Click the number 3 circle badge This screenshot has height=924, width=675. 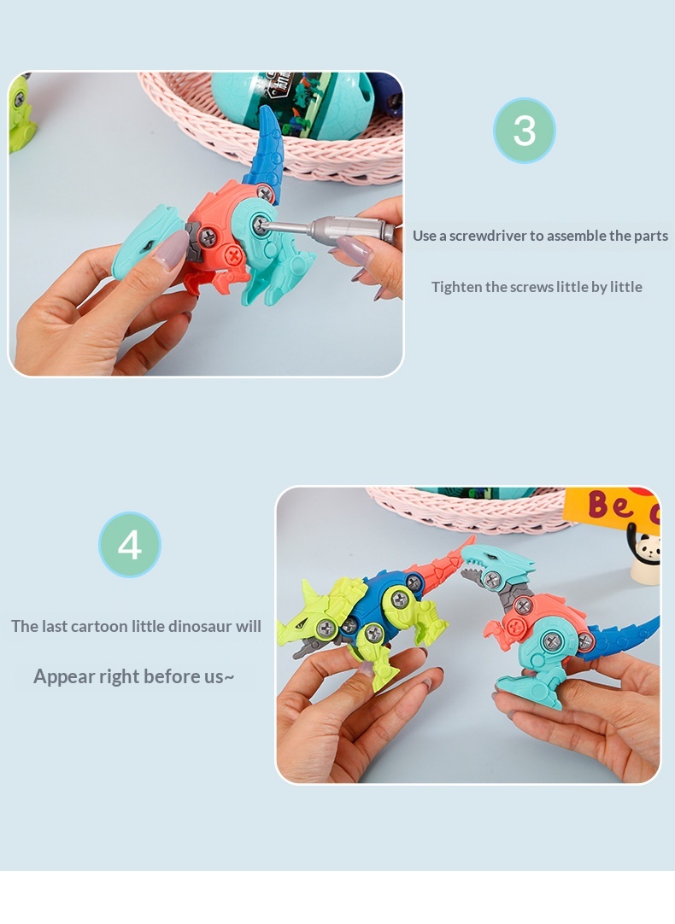524,131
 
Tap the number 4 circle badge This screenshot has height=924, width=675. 130,545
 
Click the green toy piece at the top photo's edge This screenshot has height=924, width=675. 21,112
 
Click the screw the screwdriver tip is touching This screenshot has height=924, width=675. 260,224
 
